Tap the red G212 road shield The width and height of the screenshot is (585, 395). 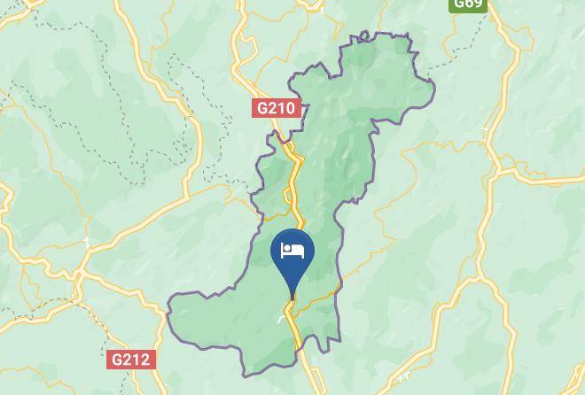click(x=130, y=360)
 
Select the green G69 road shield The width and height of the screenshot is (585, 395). click(x=467, y=4)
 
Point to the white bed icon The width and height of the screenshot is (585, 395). click(x=292, y=251)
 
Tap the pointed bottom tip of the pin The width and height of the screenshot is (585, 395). click(x=292, y=299)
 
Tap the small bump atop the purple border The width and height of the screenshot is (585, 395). click(x=362, y=35)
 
